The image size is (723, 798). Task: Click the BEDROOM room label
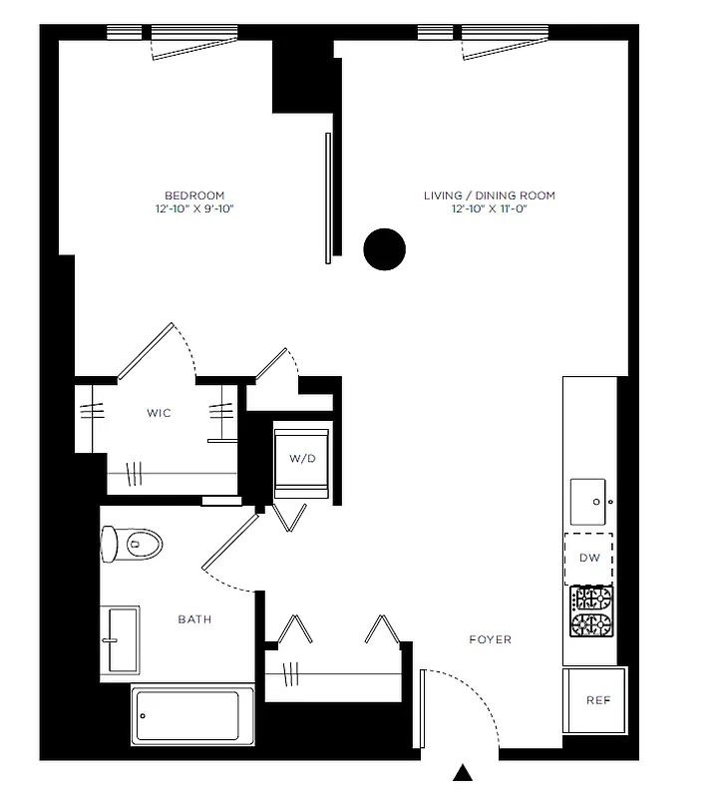(x=194, y=196)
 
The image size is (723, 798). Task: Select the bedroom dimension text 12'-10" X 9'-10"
(x=194, y=209)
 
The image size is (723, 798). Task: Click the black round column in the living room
(x=385, y=249)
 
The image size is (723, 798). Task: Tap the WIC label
(x=158, y=413)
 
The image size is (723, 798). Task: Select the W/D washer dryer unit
(x=302, y=460)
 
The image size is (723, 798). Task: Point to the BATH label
(x=194, y=619)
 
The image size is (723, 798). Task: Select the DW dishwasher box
(x=589, y=558)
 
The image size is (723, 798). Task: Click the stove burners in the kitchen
(x=589, y=611)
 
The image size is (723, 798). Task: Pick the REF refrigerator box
(x=596, y=700)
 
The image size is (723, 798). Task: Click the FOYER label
(x=490, y=639)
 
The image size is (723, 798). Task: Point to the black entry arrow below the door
(x=463, y=772)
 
